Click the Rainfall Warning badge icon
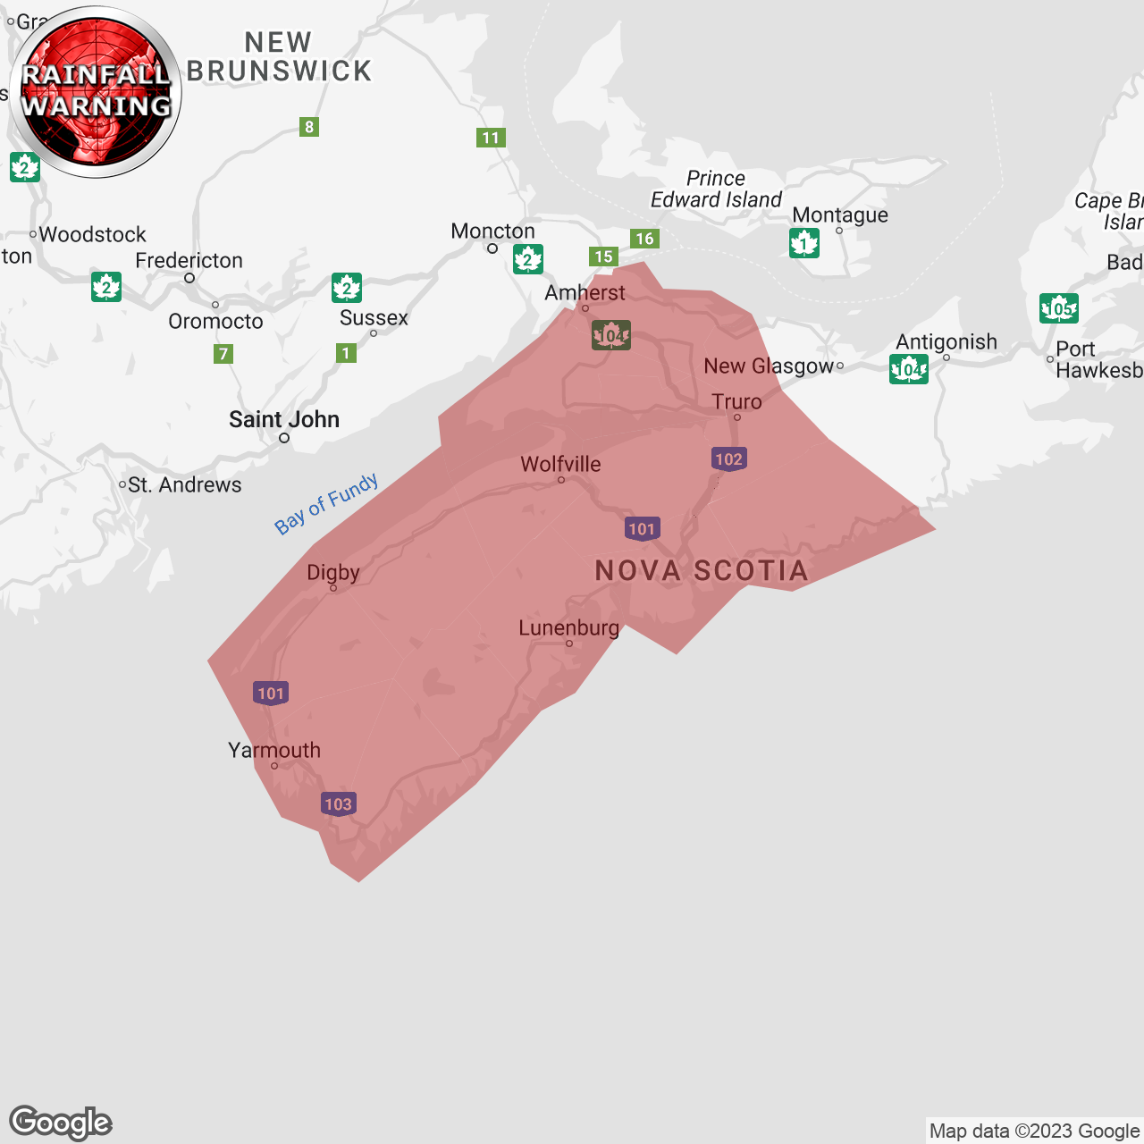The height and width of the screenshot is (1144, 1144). (96, 91)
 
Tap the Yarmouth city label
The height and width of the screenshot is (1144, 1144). (274, 750)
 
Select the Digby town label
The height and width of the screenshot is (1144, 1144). (333, 572)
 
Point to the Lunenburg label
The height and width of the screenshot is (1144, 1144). (568, 627)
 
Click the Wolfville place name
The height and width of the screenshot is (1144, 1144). (560, 464)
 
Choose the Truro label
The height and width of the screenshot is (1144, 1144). (736, 401)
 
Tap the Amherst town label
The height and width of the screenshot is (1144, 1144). (585, 292)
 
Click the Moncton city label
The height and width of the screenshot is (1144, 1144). (492, 231)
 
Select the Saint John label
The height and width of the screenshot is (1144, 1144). (284, 419)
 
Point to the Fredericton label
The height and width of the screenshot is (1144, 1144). (189, 260)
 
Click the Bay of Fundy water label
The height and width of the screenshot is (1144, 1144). (326, 503)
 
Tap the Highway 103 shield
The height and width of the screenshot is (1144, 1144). (338, 803)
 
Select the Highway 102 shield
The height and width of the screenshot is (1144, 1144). (728, 459)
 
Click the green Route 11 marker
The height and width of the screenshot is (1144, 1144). (491, 138)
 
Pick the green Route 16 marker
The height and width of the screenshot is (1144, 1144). (644, 239)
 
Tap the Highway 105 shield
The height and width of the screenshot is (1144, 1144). (1059, 308)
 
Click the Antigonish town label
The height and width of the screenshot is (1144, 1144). (946, 341)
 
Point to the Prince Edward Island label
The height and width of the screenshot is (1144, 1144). (716, 189)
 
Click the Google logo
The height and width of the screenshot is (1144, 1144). (61, 1123)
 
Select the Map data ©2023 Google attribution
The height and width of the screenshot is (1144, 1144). (1034, 1131)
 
